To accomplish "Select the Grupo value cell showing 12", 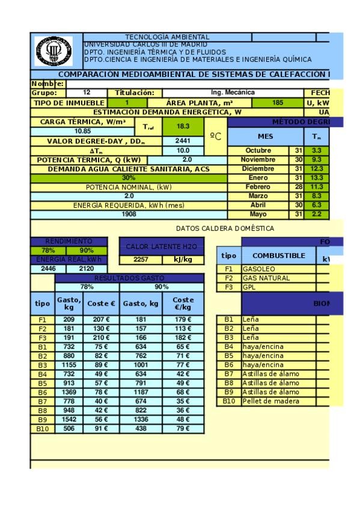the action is pyautogui.click(x=87, y=93).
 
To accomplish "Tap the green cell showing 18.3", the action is pyautogui.click(x=183, y=126).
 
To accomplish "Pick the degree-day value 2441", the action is pyautogui.click(x=183, y=141).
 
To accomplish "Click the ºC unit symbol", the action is pyautogui.click(x=217, y=137).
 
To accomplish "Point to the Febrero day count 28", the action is pyautogui.click(x=299, y=187).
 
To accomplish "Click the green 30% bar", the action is pyautogui.click(x=129, y=178).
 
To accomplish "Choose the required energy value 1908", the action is pyautogui.click(x=129, y=214).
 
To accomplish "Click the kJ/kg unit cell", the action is pyautogui.click(x=183, y=260).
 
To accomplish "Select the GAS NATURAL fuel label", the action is pyautogui.click(x=266, y=278).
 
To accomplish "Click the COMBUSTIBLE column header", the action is pyautogui.click(x=278, y=256).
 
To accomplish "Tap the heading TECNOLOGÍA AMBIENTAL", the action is pyautogui.click(x=167, y=37).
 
